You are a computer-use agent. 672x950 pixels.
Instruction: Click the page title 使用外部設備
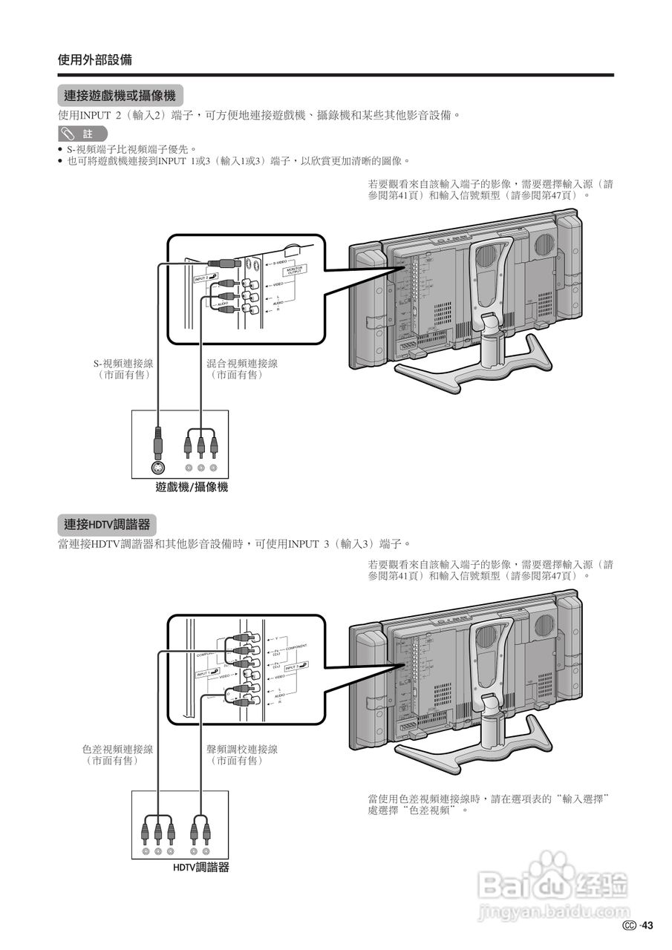click(x=95, y=60)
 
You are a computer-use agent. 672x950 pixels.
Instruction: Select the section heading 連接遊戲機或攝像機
click(x=120, y=96)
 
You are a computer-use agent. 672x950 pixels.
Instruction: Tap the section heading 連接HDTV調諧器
click(x=107, y=525)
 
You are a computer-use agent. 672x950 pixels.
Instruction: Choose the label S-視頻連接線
click(x=123, y=364)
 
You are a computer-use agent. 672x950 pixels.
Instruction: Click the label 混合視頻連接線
click(x=242, y=364)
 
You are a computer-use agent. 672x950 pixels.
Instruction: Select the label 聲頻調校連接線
click(x=242, y=749)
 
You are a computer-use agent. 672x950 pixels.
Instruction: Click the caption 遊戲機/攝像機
click(x=192, y=488)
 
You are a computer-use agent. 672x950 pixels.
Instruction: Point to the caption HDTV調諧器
click(x=201, y=867)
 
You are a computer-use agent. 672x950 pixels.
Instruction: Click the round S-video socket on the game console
click(x=157, y=468)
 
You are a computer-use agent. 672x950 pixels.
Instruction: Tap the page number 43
click(x=647, y=925)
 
